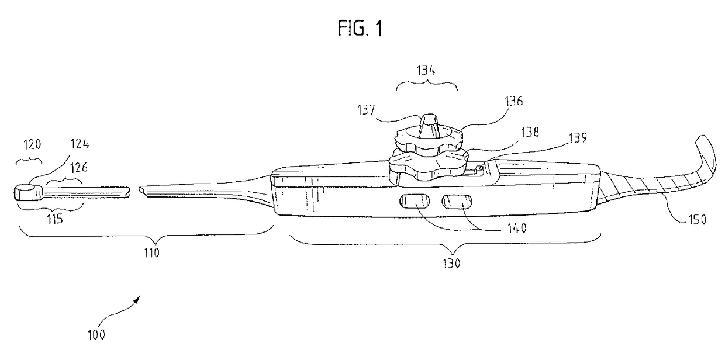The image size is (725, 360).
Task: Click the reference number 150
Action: pyautogui.click(x=694, y=220)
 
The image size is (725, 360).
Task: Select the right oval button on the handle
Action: pyautogui.click(x=456, y=202)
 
